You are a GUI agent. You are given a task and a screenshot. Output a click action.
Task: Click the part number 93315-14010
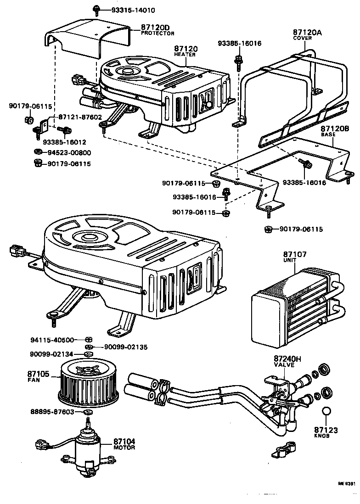click(x=126, y=10)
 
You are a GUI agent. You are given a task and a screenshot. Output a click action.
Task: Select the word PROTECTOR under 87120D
click(x=157, y=34)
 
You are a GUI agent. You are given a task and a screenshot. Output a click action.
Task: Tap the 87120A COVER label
click(x=302, y=35)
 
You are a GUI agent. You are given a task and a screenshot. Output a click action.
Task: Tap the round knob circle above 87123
click(x=326, y=411)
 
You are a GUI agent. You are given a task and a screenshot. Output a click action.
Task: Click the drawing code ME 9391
click(x=347, y=497)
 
